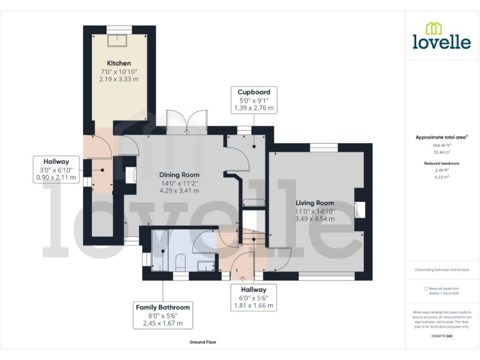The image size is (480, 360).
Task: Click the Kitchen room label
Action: click(119, 63)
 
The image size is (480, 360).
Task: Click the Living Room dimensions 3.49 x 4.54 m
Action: click(314, 219)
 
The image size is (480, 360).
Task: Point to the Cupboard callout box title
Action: click(254, 92)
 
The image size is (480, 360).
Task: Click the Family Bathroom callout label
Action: click(162, 307)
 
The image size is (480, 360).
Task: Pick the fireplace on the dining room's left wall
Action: click(131, 176)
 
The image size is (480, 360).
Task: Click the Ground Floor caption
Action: click(202, 342)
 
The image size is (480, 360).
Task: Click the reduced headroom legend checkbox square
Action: click(426, 288)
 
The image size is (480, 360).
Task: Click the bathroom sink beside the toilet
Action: click(204, 266)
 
